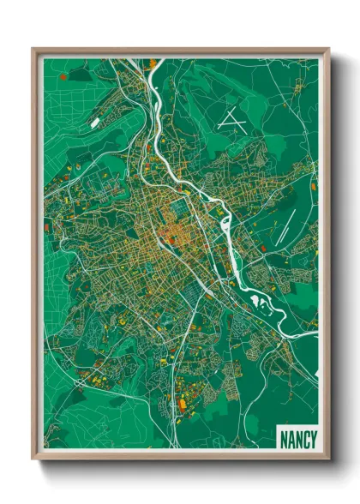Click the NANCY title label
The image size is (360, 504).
point(297,438)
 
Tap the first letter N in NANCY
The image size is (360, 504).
point(285,438)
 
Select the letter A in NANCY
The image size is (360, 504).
point(291,438)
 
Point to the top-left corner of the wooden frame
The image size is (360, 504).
point(33,49)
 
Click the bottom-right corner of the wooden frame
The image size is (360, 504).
point(328,459)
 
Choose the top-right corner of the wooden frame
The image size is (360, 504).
point(328,49)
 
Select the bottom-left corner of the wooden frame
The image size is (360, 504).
point(33,459)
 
